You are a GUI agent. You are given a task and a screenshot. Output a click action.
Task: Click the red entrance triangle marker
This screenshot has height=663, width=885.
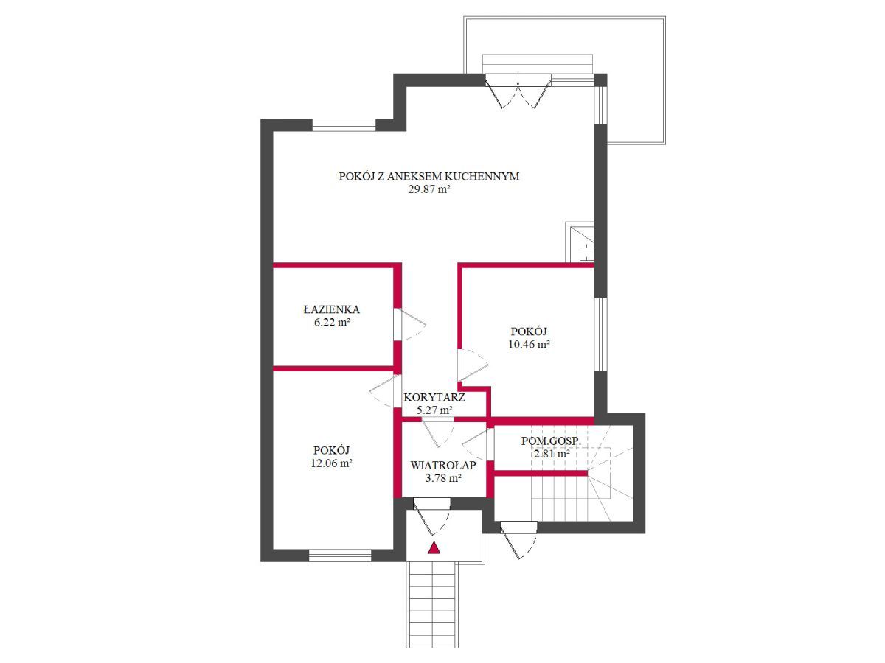click(434, 548)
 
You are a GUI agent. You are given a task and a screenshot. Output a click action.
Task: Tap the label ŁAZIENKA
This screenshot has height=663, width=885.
click(331, 309)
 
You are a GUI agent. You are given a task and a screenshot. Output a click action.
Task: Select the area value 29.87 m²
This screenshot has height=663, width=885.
click(429, 189)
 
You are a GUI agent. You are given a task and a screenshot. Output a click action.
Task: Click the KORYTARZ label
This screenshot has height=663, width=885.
click(434, 398)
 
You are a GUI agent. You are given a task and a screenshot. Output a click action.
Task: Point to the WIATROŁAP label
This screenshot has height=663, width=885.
click(443, 466)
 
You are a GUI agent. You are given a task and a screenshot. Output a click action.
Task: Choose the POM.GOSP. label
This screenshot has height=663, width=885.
click(551, 441)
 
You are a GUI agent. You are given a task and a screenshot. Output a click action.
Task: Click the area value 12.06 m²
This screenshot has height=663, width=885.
click(331, 463)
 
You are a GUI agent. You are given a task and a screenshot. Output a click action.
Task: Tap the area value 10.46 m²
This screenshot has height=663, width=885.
click(529, 345)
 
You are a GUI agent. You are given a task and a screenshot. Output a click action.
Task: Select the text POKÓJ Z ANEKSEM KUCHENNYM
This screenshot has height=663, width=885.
click(429, 176)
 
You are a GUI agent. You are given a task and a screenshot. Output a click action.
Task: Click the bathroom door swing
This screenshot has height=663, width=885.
click(409, 324)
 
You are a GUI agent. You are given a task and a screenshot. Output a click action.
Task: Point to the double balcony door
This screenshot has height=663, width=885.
click(518, 91)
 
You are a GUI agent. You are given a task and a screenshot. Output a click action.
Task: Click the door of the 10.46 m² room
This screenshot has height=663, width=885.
click(473, 365)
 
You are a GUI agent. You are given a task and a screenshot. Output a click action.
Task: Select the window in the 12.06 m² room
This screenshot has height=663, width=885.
click(340, 555)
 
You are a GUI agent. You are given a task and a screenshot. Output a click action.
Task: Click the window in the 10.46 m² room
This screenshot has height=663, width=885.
click(601, 334)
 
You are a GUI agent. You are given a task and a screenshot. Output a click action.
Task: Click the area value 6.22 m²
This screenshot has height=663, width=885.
click(331, 323)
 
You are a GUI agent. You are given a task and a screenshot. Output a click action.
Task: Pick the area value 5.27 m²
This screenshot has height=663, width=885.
click(434, 410)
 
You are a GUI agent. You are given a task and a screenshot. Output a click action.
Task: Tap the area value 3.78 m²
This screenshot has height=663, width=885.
click(443, 478)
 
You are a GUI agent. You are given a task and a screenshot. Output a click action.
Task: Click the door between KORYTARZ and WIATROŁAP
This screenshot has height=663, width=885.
click(439, 432)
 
